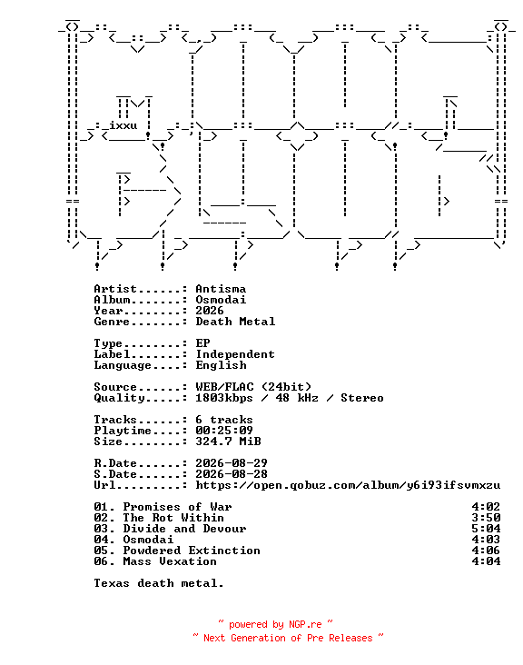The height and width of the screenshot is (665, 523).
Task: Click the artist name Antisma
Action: [221, 289]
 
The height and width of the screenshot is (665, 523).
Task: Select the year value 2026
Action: [210, 311]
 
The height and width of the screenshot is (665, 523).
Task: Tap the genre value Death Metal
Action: [235, 322]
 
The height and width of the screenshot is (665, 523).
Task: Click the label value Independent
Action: [235, 354]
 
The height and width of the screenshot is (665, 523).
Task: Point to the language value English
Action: [221, 365]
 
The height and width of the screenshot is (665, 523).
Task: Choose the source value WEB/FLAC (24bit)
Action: [253, 387]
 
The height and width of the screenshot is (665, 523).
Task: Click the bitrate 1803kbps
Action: [223, 398]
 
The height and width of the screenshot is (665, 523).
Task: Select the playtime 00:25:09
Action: [224, 431]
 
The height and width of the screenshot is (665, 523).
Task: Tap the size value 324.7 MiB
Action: [228, 442]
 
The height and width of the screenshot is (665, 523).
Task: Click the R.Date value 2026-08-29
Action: [232, 463]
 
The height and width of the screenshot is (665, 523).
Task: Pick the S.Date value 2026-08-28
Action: [232, 474]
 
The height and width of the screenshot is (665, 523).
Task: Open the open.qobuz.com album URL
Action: [348, 485]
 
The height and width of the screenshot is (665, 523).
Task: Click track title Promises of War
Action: [177, 507]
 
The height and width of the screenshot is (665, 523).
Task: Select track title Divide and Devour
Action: [184, 529]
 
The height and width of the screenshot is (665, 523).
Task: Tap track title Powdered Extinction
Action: [192, 551]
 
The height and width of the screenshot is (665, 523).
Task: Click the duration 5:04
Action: [486, 529]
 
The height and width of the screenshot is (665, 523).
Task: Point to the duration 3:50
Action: [486, 518]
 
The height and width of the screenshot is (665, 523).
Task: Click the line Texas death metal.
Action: [159, 583]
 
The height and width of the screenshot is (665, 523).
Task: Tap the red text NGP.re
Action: [305, 624]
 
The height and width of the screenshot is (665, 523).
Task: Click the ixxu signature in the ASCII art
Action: [123, 126]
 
